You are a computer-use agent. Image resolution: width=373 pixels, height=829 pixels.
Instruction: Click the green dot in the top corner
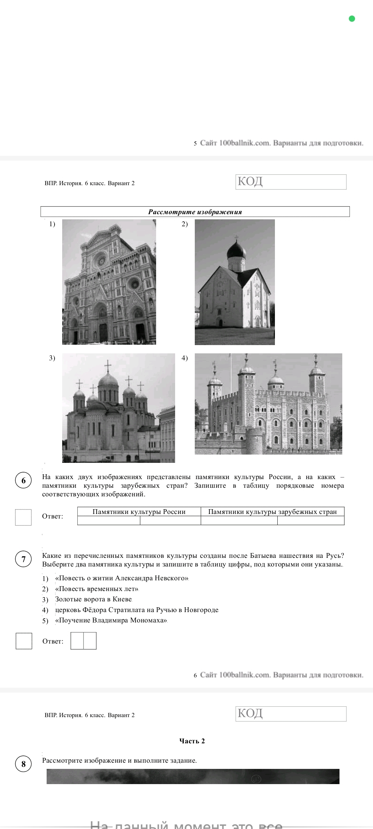[x=352, y=19]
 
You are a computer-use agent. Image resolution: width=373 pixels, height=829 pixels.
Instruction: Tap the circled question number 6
[x=23, y=480]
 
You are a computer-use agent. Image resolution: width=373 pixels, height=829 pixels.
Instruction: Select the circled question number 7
[x=23, y=559]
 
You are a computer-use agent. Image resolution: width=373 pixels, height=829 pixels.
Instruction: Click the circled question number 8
[x=23, y=764]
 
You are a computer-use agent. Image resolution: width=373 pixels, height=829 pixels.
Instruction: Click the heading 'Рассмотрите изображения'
[x=195, y=212]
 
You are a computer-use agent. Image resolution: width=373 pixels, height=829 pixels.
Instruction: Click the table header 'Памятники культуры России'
[x=139, y=512]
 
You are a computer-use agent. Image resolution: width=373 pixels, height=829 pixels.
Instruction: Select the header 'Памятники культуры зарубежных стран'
[x=272, y=512]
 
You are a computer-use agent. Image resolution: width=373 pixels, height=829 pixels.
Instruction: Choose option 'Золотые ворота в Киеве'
[x=94, y=599]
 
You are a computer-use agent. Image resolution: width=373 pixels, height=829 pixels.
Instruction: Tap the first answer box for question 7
[x=77, y=641]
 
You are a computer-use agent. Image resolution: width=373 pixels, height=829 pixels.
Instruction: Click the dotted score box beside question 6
[x=23, y=517]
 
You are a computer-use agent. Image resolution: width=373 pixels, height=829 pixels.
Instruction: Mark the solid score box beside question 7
[x=24, y=641]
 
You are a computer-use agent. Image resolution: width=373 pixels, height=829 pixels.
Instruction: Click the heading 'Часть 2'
[x=192, y=741]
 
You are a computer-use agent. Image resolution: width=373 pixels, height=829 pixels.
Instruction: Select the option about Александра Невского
[x=122, y=578]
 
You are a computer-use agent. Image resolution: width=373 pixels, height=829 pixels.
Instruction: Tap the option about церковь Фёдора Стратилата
[x=137, y=610]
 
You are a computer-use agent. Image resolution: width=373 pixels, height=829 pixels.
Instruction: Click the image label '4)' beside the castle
[x=185, y=358]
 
